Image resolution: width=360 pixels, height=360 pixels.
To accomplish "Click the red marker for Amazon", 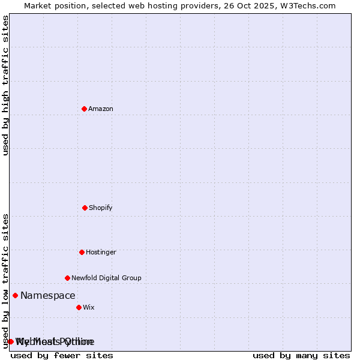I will (84, 109).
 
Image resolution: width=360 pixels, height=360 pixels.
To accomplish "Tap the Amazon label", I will (101, 109).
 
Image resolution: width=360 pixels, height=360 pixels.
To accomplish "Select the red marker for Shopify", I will (85, 208).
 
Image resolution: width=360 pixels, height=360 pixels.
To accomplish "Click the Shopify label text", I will (101, 208).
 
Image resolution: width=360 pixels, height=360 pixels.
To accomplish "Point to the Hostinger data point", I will (82, 252).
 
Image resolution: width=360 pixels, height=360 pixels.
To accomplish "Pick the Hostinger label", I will (101, 253).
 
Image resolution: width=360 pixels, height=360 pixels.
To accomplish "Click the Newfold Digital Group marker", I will (67, 278).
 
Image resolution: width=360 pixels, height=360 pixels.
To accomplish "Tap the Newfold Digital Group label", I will (106, 278).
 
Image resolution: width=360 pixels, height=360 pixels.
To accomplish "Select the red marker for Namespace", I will (15, 295).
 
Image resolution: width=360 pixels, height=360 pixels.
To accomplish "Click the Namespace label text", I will (48, 296).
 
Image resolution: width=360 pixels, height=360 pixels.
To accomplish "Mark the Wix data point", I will (79, 307).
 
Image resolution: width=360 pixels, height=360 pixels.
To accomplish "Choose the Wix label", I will (89, 308).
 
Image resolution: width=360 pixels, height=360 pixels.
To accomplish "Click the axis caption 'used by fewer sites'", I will (62, 355).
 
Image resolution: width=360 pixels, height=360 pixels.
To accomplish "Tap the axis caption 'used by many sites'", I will (301, 355).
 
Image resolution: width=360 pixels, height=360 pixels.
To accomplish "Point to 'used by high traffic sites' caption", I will (6, 85).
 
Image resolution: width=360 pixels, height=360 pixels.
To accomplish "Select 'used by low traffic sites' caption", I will (6, 280).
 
